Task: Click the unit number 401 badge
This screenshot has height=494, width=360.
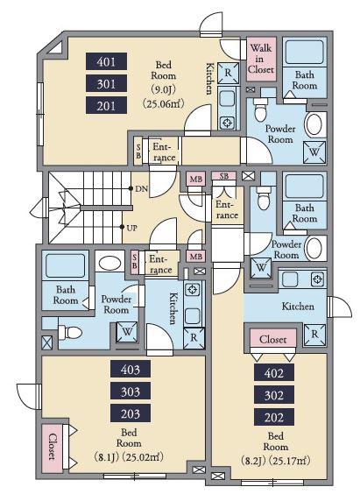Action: point(107,61)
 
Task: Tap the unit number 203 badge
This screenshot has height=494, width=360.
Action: point(131,413)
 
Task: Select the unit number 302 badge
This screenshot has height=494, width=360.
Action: point(274,395)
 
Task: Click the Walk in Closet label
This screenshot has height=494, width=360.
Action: point(261,59)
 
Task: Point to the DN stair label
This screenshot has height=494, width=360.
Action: point(141,189)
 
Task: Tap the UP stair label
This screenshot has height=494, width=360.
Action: point(131,228)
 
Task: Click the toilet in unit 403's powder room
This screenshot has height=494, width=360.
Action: point(70,333)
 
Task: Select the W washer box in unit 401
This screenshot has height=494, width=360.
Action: point(314,152)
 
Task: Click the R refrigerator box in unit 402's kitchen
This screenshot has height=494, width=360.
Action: point(314,335)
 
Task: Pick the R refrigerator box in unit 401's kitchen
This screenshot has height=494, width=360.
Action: point(229,73)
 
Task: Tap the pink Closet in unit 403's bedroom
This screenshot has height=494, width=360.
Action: point(52,447)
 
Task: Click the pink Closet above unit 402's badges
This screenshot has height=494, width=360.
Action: point(273,339)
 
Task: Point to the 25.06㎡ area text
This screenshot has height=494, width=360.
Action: point(163,103)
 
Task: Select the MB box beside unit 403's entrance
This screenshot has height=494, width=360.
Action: point(196,257)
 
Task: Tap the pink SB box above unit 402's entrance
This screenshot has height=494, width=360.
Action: point(223,176)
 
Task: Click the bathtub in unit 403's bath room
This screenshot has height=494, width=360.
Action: point(66,266)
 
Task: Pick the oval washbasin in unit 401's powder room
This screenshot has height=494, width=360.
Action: point(314,125)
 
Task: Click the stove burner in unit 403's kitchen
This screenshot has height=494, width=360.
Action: point(193,290)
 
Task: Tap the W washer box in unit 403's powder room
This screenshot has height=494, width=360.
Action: point(127,332)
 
